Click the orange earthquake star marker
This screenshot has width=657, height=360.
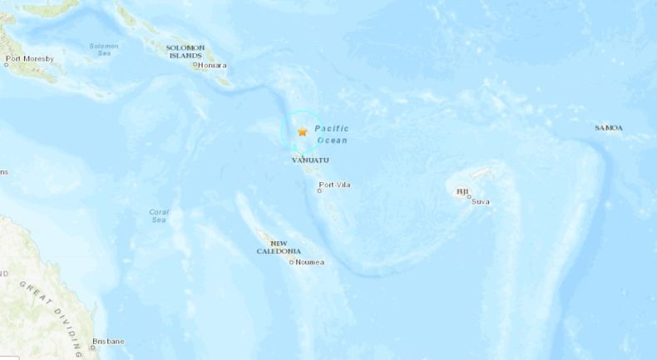coord(303,132)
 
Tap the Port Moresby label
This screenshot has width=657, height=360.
coord(29,59)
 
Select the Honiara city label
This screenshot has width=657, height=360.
coord(213,65)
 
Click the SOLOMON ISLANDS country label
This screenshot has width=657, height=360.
coord(185,52)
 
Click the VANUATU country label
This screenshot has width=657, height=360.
coord(310,160)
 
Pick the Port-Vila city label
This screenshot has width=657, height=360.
coord(337,185)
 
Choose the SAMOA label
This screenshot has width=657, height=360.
coord(609,128)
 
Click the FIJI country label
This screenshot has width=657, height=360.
coord(462,192)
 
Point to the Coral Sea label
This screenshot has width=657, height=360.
coord(158,215)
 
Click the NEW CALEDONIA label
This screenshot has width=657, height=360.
coord(279,247)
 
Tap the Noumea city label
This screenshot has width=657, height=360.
coord(309,263)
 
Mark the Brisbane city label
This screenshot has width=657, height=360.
coord(108,341)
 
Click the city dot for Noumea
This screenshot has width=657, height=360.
coord(291,263)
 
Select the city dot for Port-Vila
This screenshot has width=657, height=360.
coord(320,190)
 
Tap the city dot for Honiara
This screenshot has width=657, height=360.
coord(195,65)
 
